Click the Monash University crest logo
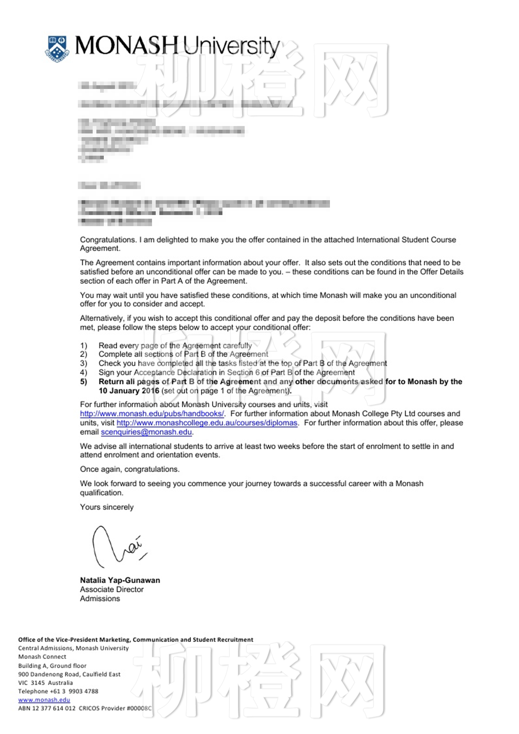(57, 49)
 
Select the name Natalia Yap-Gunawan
(120, 580)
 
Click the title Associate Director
(112, 589)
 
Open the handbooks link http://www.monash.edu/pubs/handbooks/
(152, 414)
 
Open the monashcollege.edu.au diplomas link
(207, 423)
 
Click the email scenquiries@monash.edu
(146, 432)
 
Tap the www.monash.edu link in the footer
(44, 700)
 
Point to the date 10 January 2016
(129, 391)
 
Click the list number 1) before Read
(84, 345)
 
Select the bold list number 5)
(84, 382)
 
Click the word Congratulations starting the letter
(108, 240)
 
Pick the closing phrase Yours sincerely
(107, 507)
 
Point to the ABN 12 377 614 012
(47, 708)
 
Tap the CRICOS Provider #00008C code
(115, 708)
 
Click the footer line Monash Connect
(42, 657)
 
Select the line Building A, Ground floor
(52, 666)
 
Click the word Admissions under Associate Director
(100, 599)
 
